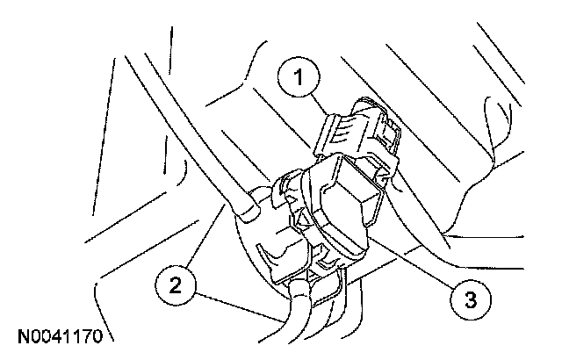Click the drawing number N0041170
pos(60,335)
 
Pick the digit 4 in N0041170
pos(55,335)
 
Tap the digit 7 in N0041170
pos(86,335)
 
